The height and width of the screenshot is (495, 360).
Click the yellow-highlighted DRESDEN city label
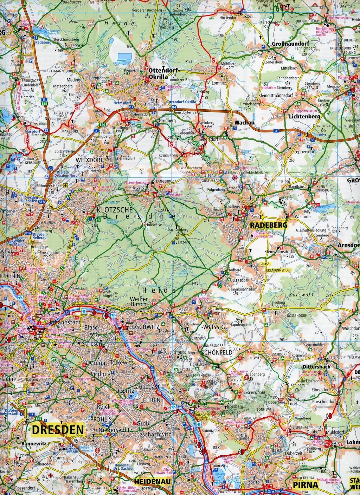click(58, 429)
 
